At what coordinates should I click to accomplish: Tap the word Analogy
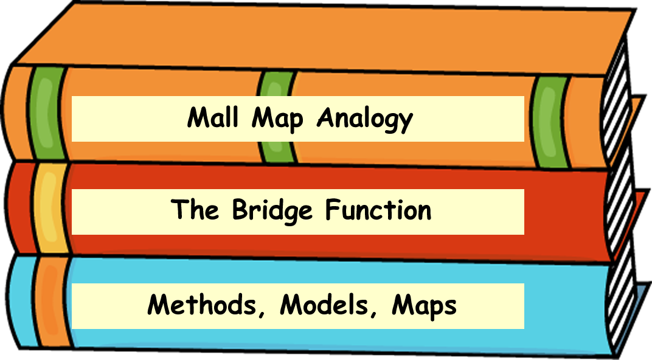tap(364, 119)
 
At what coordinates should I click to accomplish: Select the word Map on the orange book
tap(277, 119)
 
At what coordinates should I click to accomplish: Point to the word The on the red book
tap(194, 210)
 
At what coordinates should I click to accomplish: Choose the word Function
tap(378, 210)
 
